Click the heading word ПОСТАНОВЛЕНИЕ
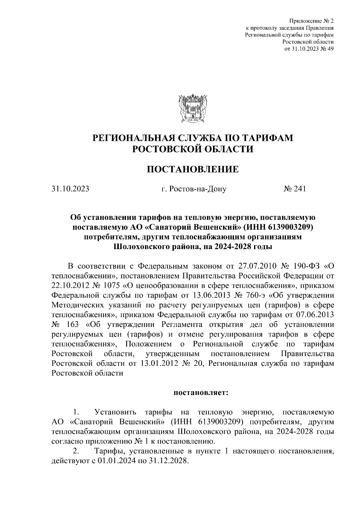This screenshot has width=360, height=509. pos(193,169)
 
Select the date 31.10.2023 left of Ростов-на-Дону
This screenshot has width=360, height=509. pos(70,189)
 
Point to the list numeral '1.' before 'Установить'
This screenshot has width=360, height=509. pos(76,412)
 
